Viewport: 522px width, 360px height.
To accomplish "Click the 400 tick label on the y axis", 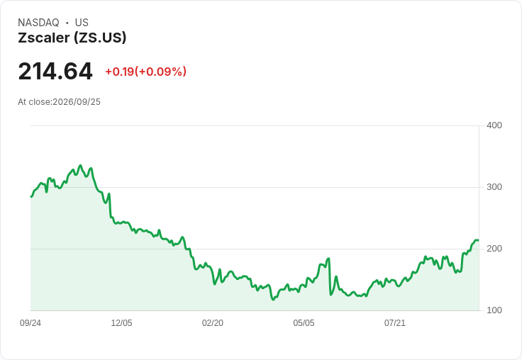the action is pos(494,125).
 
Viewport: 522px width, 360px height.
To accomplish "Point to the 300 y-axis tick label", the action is pos(494,187).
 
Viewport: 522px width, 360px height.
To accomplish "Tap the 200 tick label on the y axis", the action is pos(494,249).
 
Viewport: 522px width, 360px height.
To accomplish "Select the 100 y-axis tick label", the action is pos(494,310).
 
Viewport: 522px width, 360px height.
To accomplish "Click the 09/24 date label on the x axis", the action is pos(30,322).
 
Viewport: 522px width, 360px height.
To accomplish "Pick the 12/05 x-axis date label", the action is pos(121,322).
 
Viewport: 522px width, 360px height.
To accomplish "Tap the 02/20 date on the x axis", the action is pos(213,322).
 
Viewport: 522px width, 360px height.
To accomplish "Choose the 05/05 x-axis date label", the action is pos(304,322).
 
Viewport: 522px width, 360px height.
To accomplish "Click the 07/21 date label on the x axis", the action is pos(395,322).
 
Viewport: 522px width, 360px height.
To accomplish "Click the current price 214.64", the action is pos(55,71).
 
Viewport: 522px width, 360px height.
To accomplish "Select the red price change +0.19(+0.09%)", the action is pos(146,72).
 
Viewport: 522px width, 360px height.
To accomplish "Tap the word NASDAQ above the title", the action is pos(38,23).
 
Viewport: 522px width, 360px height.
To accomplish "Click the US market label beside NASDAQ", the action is pos(82,23).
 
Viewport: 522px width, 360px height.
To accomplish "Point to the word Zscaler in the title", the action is pos(44,38).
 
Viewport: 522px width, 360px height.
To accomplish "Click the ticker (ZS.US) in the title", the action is pos(100,38).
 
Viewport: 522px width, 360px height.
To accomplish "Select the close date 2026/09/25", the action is pos(77,102).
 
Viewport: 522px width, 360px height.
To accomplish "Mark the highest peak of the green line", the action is pos(80,165).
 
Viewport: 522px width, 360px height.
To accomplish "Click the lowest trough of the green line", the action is pos(273,300).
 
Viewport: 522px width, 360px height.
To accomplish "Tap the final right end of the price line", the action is pos(479,240).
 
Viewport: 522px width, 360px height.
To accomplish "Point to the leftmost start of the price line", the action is pos(31,196).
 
